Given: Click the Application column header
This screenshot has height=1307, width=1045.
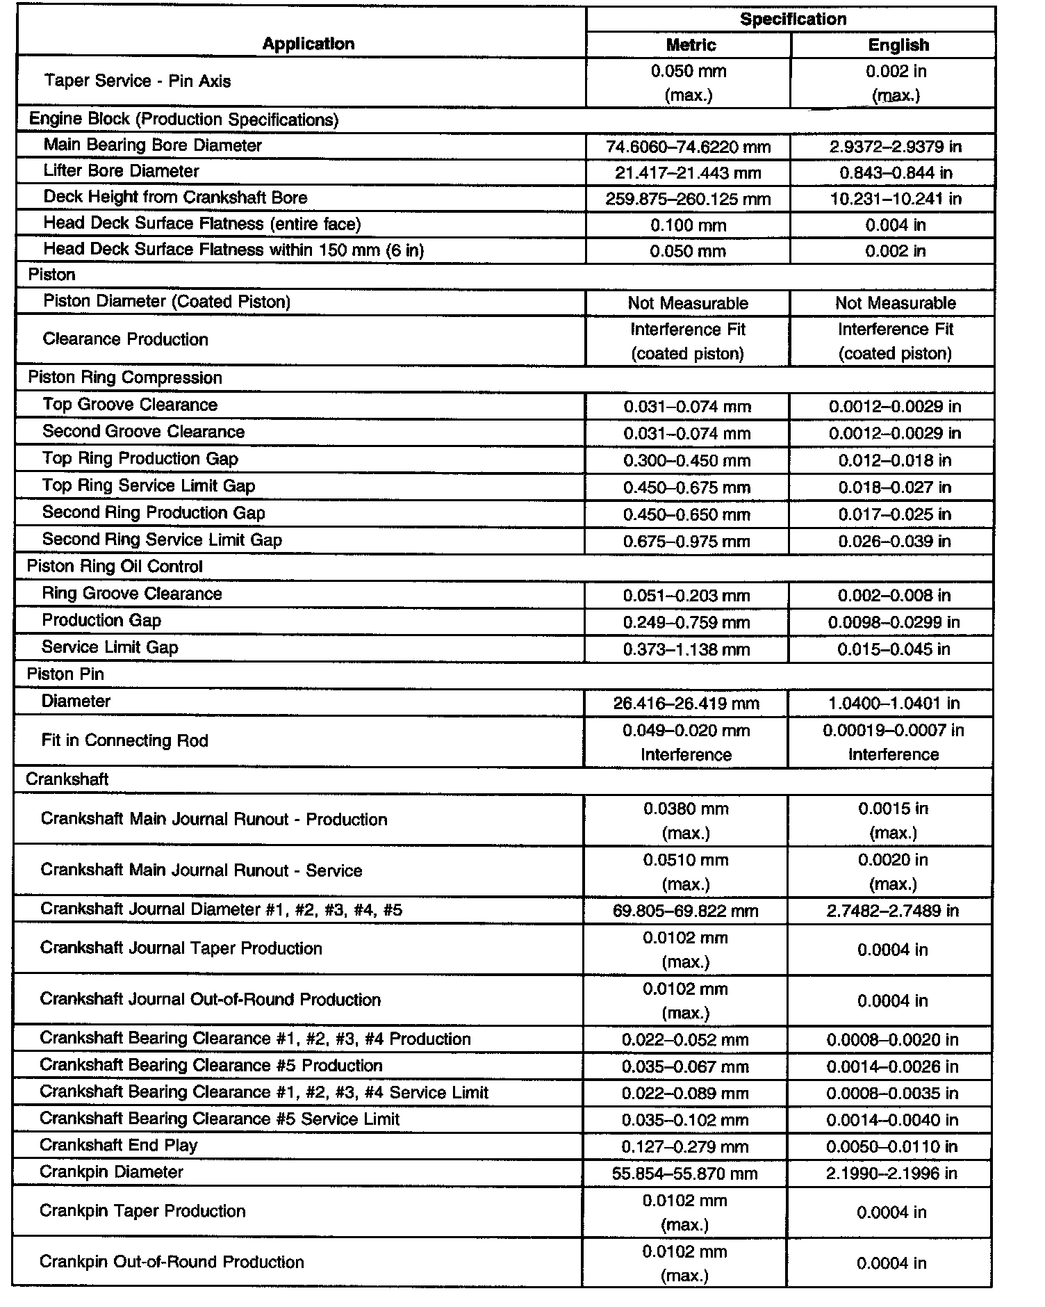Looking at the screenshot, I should tap(308, 44).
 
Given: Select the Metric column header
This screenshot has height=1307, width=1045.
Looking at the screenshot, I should tap(690, 45).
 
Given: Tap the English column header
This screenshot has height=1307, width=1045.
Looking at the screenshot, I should tap(898, 45).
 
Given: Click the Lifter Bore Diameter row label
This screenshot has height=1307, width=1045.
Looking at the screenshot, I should tap(121, 171).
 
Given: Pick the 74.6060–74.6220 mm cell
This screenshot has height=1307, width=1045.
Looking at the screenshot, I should tap(688, 147).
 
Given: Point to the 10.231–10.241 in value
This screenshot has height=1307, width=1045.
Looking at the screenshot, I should tap(896, 199).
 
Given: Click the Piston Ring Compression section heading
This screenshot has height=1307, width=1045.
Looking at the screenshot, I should tap(125, 378).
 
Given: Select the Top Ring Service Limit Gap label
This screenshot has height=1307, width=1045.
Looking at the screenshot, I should tap(149, 485).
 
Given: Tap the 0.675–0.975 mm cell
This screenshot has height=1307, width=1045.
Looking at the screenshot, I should tap(686, 542).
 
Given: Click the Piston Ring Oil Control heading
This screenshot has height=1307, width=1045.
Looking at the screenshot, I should tap(115, 567).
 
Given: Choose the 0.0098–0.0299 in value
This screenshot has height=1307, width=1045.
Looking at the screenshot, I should tap(894, 622).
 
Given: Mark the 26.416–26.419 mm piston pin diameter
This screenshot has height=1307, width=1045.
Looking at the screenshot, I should tap(686, 704).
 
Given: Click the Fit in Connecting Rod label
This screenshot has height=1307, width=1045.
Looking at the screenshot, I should tap(125, 740).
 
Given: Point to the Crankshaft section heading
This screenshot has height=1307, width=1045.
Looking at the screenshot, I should tap(67, 779).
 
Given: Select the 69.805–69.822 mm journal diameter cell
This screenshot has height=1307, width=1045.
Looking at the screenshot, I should tap(685, 911).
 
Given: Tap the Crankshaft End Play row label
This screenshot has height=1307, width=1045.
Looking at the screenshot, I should tap(119, 1145).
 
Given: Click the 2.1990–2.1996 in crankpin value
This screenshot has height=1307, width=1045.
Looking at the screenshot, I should tap(892, 1174).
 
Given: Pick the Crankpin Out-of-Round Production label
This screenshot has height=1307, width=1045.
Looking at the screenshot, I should tap(172, 1262).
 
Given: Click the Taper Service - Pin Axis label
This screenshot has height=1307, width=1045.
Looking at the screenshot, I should tap(138, 81).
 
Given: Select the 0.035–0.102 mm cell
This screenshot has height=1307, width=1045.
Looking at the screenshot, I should tap(685, 1120).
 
